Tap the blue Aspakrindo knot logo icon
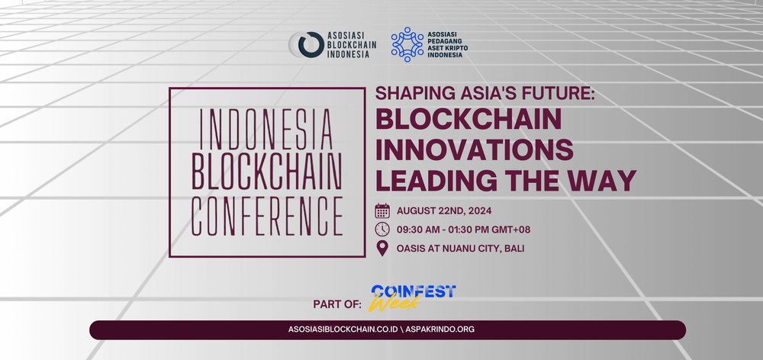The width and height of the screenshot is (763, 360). [x=407, y=44]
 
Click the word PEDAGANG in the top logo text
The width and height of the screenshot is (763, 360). [x=443, y=41]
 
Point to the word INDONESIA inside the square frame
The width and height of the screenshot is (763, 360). [x=266, y=130]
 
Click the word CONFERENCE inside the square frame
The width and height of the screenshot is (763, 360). [x=266, y=216]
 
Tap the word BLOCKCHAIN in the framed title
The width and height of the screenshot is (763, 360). [x=266, y=172]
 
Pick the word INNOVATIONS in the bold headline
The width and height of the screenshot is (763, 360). [x=475, y=149]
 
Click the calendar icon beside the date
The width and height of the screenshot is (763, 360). [x=382, y=211]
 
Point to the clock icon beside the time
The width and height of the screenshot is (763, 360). [x=382, y=229]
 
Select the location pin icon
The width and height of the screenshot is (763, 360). [x=382, y=249]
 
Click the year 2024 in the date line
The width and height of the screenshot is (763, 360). [x=480, y=211]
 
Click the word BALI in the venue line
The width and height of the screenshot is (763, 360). [x=514, y=249]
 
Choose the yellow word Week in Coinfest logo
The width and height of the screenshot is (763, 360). [x=394, y=302]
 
